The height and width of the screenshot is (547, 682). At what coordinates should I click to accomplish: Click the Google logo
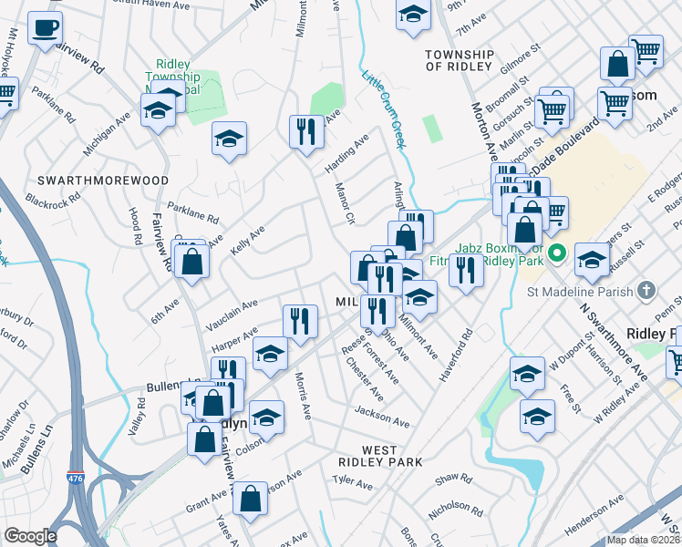click(30, 536)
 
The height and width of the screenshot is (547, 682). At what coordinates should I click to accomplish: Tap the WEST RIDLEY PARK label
click(379, 456)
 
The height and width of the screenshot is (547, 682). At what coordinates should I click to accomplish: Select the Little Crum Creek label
click(383, 110)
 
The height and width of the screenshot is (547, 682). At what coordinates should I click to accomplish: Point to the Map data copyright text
click(643, 539)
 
